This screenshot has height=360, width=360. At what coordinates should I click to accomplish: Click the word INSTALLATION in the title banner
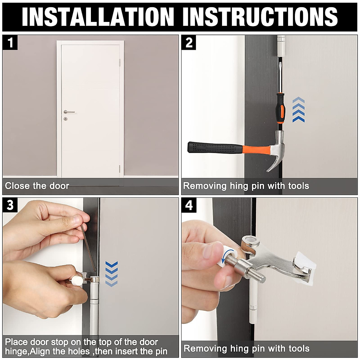pyautogui.click(x=98, y=17)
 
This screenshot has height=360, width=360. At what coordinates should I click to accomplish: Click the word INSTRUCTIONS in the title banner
pyautogui.click(x=260, y=17)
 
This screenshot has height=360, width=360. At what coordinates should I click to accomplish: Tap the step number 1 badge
pyautogui.click(x=10, y=43)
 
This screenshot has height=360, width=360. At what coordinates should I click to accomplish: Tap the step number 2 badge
pyautogui.click(x=189, y=43)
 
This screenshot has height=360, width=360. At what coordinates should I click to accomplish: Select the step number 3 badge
pyautogui.click(x=10, y=205)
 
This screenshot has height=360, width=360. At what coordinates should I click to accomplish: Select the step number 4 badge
pyautogui.click(x=189, y=205)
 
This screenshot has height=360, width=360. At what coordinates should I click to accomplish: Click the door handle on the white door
pyautogui.click(x=69, y=112)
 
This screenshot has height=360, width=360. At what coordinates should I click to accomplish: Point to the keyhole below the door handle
pyautogui.click(x=65, y=118)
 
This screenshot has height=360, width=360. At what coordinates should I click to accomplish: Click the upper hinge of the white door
pyautogui.click(x=120, y=62)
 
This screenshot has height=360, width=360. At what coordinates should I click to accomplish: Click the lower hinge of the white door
pyautogui.click(x=120, y=168)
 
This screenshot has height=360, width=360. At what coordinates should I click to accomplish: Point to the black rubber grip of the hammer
pyautogui.click(x=215, y=148)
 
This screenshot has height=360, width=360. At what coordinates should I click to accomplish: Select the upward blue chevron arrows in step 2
pyautogui.click(x=298, y=110)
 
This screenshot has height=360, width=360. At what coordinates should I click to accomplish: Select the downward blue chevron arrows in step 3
pyautogui.click(x=112, y=274)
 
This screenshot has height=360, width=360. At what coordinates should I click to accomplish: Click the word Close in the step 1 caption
pyautogui.click(x=17, y=186)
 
